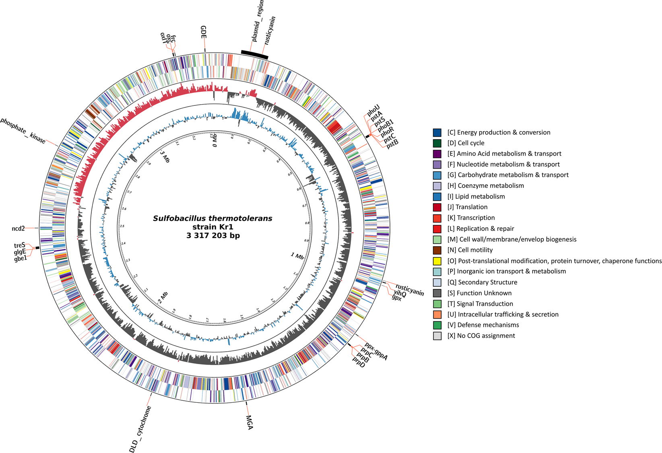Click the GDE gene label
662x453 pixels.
point(204,32)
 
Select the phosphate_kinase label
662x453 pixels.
point(23,131)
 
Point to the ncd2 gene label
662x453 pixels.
point(18,229)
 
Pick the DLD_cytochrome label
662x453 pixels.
point(140,429)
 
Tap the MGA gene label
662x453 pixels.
point(249,422)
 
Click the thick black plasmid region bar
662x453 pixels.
point(255,55)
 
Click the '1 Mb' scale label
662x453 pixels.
point(297,255)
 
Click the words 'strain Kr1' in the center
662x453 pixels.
point(212,227)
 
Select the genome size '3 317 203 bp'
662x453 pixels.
point(212,236)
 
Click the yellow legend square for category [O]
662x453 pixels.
point(437,261)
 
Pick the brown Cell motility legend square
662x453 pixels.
point(437,250)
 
